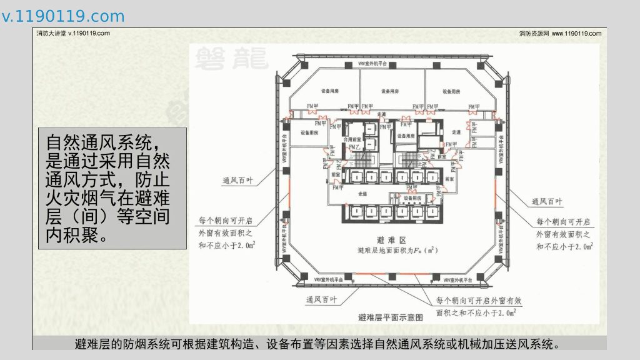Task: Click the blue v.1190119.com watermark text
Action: [63, 16]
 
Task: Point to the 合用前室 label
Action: [353, 140]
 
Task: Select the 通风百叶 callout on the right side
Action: [546, 201]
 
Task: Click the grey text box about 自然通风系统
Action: [112, 189]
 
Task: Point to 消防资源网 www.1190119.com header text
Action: [560, 34]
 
